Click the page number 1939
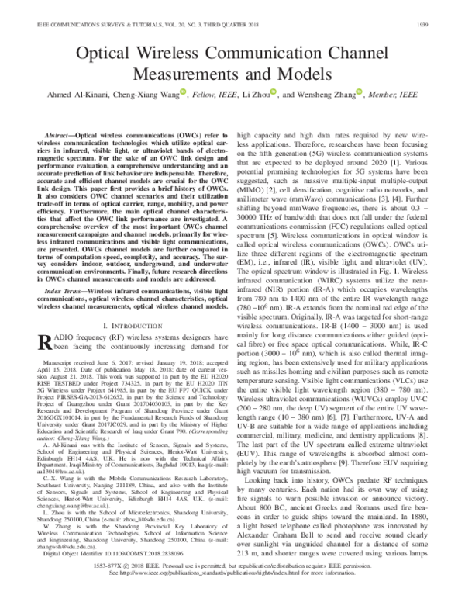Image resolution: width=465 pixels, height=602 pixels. point(445,24)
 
